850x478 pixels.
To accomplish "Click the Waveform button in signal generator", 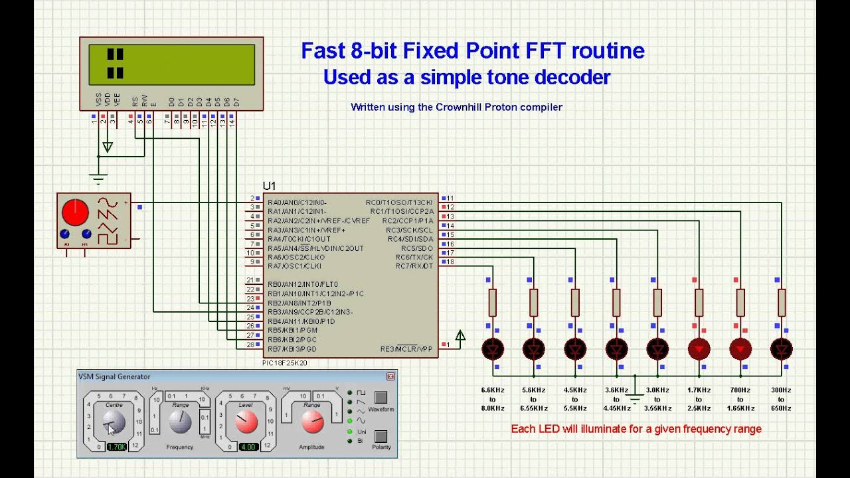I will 381,398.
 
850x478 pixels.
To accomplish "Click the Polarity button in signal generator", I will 381,436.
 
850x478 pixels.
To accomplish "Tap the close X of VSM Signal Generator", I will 391,376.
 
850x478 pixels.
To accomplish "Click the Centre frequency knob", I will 114,422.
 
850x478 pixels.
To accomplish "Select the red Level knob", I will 246,420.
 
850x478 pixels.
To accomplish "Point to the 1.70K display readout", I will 116,447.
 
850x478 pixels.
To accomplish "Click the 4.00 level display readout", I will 248,447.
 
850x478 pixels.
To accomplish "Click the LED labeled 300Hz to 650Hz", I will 781,349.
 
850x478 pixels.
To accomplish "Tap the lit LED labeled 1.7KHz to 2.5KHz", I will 699,349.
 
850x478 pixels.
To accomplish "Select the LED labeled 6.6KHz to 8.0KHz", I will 493,349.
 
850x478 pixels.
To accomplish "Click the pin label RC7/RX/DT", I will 414,266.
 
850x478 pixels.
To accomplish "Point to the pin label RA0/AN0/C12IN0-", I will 297,202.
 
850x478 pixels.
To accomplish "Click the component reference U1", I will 269,187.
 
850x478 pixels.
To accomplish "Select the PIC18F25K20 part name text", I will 285,363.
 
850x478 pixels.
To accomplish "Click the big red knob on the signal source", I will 75,212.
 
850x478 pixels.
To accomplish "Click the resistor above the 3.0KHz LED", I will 657,303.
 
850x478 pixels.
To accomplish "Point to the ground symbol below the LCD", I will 98,178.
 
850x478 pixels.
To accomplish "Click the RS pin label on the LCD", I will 135,101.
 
